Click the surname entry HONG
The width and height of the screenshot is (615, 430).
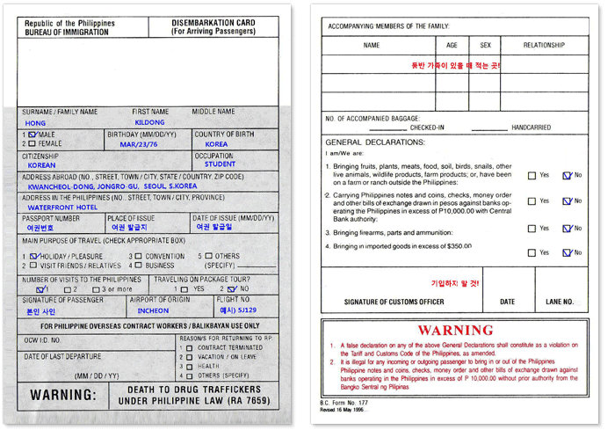[x=35, y=123]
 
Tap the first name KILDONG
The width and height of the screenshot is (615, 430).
[x=148, y=123]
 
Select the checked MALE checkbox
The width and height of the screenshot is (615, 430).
[x=33, y=135]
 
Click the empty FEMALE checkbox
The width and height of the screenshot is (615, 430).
[x=33, y=143]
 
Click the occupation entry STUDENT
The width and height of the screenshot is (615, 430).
[x=220, y=164]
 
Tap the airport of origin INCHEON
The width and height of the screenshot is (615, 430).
[x=153, y=310]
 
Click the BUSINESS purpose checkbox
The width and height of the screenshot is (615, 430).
[x=138, y=265]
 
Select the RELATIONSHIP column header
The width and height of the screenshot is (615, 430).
[x=544, y=45]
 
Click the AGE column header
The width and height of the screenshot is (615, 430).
[x=452, y=45]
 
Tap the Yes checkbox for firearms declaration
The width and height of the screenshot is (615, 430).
[x=532, y=229]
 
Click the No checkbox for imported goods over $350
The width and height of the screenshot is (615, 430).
[x=567, y=252]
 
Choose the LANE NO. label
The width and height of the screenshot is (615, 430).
[x=559, y=302]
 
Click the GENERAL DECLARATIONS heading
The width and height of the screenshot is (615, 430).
[x=375, y=142]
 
